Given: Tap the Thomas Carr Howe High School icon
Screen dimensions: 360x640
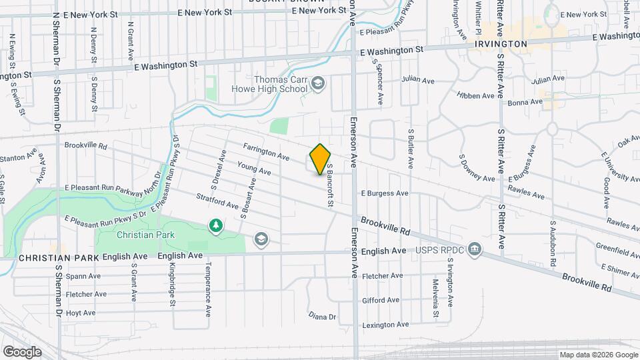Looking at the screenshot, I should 319,83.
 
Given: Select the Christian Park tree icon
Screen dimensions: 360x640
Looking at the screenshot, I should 215,227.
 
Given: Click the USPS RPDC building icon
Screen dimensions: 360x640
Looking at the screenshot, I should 474,249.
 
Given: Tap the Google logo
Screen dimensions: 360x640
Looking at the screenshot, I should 22,351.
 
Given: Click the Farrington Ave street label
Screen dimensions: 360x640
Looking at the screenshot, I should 266,152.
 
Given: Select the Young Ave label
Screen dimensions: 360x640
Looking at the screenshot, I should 254,167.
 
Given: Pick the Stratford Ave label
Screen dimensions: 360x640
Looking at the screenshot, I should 217,201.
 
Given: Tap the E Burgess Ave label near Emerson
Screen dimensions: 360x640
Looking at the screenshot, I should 384,193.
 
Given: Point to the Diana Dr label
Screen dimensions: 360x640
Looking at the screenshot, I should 322,315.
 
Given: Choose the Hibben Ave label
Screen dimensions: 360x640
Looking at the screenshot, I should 475,95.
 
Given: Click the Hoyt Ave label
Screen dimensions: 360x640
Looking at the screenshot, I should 81,312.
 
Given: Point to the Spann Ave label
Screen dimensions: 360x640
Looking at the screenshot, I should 83,276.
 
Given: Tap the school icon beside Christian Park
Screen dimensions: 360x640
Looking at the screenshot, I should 261,239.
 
